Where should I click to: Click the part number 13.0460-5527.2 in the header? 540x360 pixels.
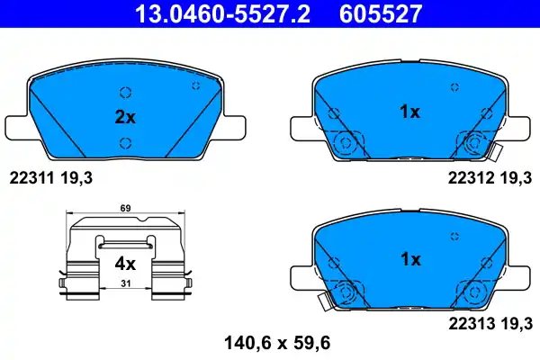point(224,13)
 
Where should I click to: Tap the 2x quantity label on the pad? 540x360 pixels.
point(124,117)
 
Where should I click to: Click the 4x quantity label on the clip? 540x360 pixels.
point(124,265)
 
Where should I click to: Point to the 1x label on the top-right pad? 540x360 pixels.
point(409,112)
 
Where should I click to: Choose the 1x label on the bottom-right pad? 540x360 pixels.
point(409,259)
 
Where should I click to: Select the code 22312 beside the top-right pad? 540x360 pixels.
point(469,178)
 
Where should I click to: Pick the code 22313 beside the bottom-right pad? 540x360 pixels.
point(469,320)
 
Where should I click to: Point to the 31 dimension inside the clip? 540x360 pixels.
point(124,284)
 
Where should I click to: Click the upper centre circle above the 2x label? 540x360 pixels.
point(124,92)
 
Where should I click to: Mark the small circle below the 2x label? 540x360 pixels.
point(124,141)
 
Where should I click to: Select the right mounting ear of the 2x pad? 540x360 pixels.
point(236,126)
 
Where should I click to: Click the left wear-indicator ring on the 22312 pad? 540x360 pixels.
point(344,142)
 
